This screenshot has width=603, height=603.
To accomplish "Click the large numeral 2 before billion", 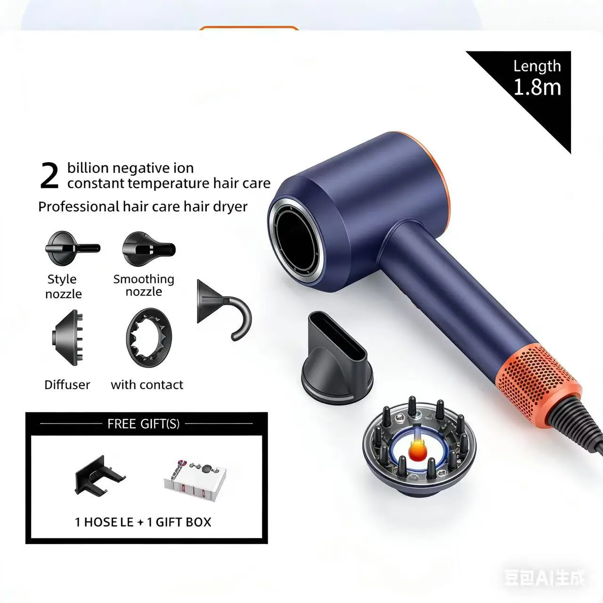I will click(49, 176).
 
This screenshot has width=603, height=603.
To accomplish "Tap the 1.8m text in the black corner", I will click(537, 88).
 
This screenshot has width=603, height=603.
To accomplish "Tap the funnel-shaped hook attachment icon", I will click(222, 309).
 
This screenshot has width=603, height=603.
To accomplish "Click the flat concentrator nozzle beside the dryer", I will click(337, 361).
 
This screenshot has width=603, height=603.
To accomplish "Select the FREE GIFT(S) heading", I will click(143, 424).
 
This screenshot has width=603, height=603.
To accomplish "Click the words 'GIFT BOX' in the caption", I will click(183, 522).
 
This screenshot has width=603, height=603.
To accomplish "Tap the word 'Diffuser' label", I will click(67, 385).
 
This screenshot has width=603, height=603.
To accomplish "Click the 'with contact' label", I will click(147, 385).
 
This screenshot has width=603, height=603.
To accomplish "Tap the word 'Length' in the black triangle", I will click(537, 66).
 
